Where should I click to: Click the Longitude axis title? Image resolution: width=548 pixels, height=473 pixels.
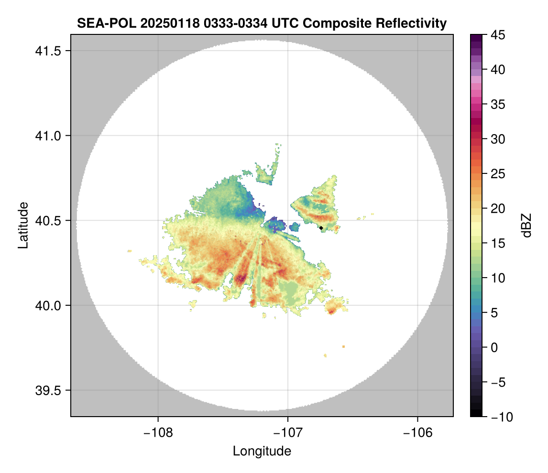tap(262, 451)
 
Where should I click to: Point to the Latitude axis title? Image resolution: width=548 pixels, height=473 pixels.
tap(23, 225)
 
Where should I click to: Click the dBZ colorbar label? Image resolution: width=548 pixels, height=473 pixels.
tap(526, 226)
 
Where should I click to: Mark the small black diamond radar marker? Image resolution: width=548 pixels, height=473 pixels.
tap(321, 228)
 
